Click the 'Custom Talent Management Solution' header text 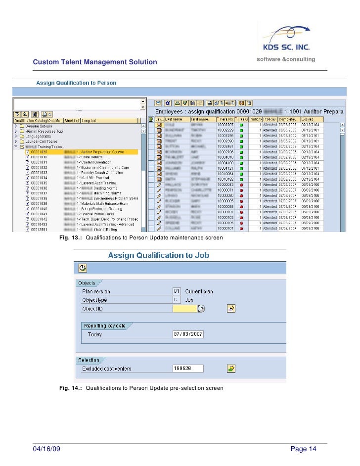click(94, 62)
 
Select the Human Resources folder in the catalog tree click(45, 131)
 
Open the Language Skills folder click(39, 137)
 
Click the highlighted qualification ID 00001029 click(39, 152)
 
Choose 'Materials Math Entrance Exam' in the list click(102, 203)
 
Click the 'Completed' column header click(287, 119)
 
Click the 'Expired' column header click(308, 119)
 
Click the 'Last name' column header click(177, 119)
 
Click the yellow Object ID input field click(184, 309)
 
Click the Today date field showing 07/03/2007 click(188, 334)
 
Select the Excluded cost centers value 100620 click(188, 369)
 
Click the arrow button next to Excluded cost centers click(231, 369)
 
